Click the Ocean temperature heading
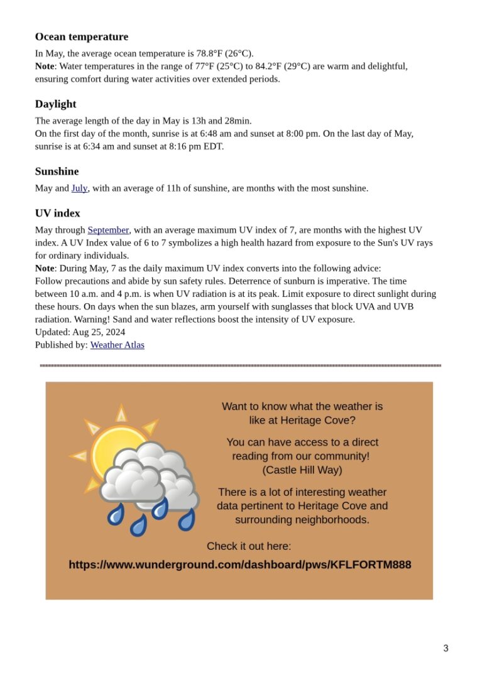tap(82, 37)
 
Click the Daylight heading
tap(56, 104)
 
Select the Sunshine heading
tap(57, 171)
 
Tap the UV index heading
tap(58, 213)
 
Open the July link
tap(79, 188)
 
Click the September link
tap(108, 230)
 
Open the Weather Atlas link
tap(117, 345)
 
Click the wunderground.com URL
tap(239, 564)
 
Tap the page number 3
tap(445, 648)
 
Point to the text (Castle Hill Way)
tap(302, 470)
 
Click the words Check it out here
tap(249, 546)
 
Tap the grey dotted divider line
tap(240, 365)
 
